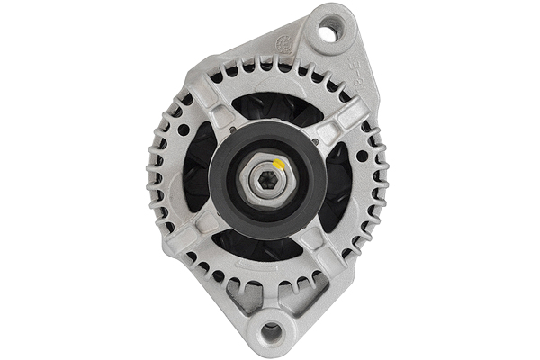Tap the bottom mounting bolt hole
[270, 332]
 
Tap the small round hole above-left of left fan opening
[184, 130]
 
